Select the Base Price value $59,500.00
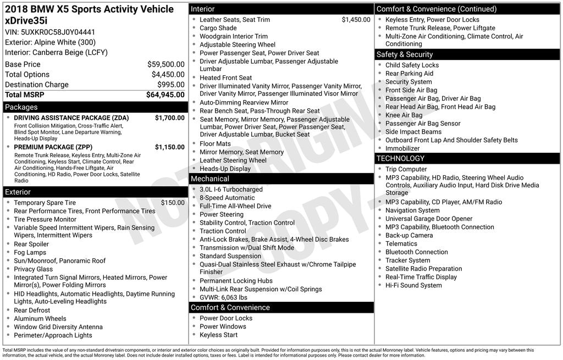(165, 64)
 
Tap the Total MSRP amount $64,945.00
(165, 95)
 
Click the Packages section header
(21, 107)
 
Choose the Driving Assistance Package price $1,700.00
(169, 118)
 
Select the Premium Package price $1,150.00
(169, 147)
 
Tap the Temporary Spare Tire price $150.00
(172, 203)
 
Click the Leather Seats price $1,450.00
(356, 20)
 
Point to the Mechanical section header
(210, 179)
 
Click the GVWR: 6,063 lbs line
(223, 297)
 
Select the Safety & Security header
(405, 54)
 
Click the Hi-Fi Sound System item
(413, 285)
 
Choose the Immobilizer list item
(402, 148)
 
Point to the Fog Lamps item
(30, 252)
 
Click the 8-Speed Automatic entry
(227, 198)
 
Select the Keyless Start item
(219, 335)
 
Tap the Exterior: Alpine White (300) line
(50, 42)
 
